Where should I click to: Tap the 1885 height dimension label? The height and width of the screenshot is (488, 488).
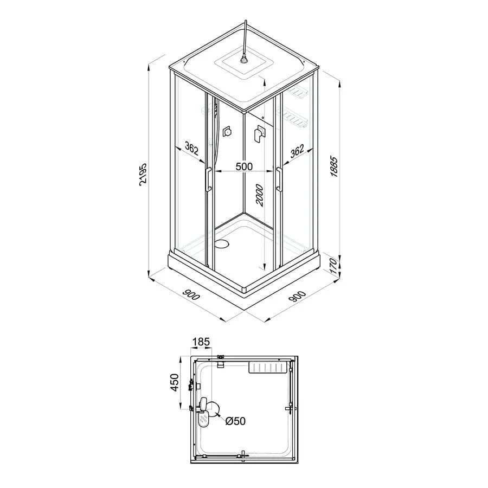334,166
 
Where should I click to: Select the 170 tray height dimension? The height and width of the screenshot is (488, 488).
333,266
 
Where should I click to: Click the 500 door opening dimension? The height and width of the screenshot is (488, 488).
244,166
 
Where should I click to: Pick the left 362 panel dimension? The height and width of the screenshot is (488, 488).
191,149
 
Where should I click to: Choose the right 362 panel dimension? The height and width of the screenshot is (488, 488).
297,151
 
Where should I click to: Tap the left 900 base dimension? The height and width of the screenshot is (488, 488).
191,295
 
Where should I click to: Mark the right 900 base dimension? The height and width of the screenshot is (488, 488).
297,296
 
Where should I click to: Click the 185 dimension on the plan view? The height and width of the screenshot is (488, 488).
201,342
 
